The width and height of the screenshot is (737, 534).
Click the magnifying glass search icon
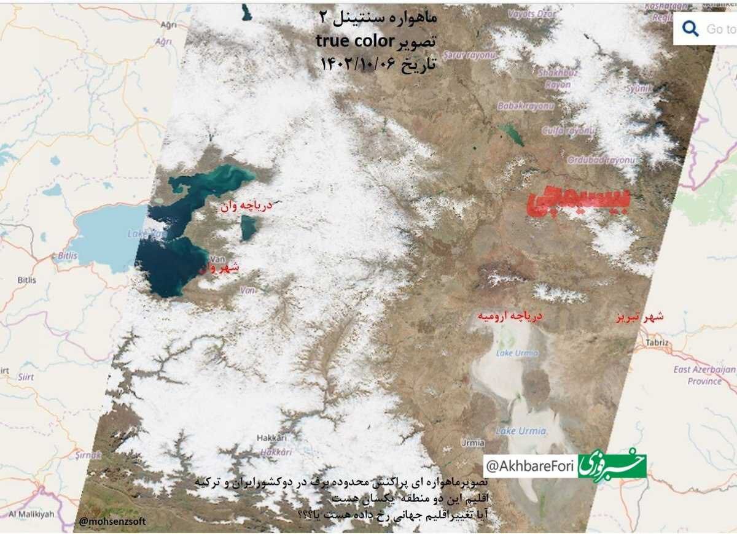[691, 28]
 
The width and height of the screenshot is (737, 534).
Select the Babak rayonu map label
[525, 106]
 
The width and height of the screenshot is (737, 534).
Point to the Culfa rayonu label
[567, 130]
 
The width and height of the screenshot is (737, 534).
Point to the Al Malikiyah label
[31, 513]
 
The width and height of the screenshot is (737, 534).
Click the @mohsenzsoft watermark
[112, 522]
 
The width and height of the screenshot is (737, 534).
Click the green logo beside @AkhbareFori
[612, 466]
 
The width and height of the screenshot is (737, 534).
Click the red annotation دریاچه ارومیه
[510, 316]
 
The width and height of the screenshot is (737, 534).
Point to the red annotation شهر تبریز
[640, 317]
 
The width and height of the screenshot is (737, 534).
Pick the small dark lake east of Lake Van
[249, 228]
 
